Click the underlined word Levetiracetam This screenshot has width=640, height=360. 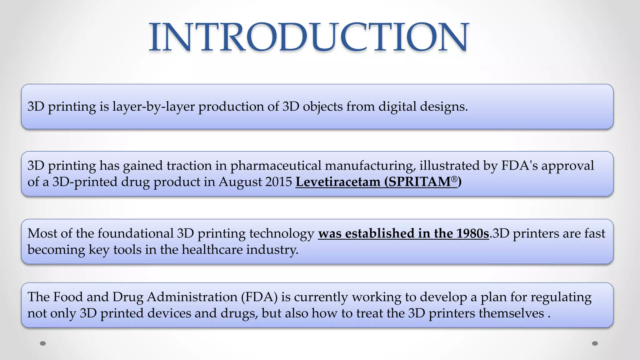pos(338,182)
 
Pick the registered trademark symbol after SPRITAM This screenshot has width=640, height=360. pos(454,179)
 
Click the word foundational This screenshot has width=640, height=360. pos(135,233)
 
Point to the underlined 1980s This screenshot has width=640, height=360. pos(472,233)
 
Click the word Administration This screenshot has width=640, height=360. pos(192,297)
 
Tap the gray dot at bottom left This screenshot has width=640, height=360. pos(43,343)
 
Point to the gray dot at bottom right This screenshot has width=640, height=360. pos(595,343)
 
